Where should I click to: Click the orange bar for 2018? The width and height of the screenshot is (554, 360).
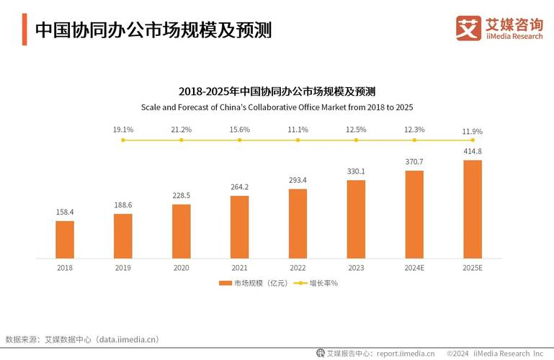[65, 239]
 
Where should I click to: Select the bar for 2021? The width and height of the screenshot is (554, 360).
[239, 227]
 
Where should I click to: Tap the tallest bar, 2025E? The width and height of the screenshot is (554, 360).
[472, 209]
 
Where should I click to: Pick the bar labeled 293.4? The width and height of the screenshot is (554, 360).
[298, 223]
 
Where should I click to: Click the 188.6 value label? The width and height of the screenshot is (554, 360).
[123, 205]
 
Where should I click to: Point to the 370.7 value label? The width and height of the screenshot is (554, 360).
[414, 161]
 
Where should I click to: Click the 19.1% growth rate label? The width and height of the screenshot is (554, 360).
[123, 130]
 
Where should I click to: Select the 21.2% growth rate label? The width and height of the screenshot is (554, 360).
[181, 130]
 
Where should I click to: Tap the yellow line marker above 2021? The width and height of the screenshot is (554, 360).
[239, 140]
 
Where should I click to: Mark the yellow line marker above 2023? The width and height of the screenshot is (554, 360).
[356, 140]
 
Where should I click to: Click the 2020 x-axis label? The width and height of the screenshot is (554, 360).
[181, 267]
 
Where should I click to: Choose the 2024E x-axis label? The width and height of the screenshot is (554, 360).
[414, 267]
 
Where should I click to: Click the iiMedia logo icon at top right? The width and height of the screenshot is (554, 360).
[468, 29]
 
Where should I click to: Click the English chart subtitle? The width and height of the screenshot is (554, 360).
[277, 107]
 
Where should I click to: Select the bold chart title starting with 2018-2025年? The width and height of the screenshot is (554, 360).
[277, 91]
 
